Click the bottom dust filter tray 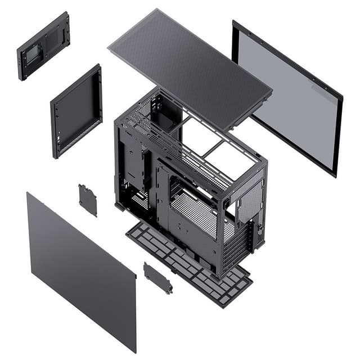coord(188,262)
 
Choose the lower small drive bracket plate coord(157,278)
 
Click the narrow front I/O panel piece coord(43,46)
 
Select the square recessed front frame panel coord(76,111)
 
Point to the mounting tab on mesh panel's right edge coord(264,101)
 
